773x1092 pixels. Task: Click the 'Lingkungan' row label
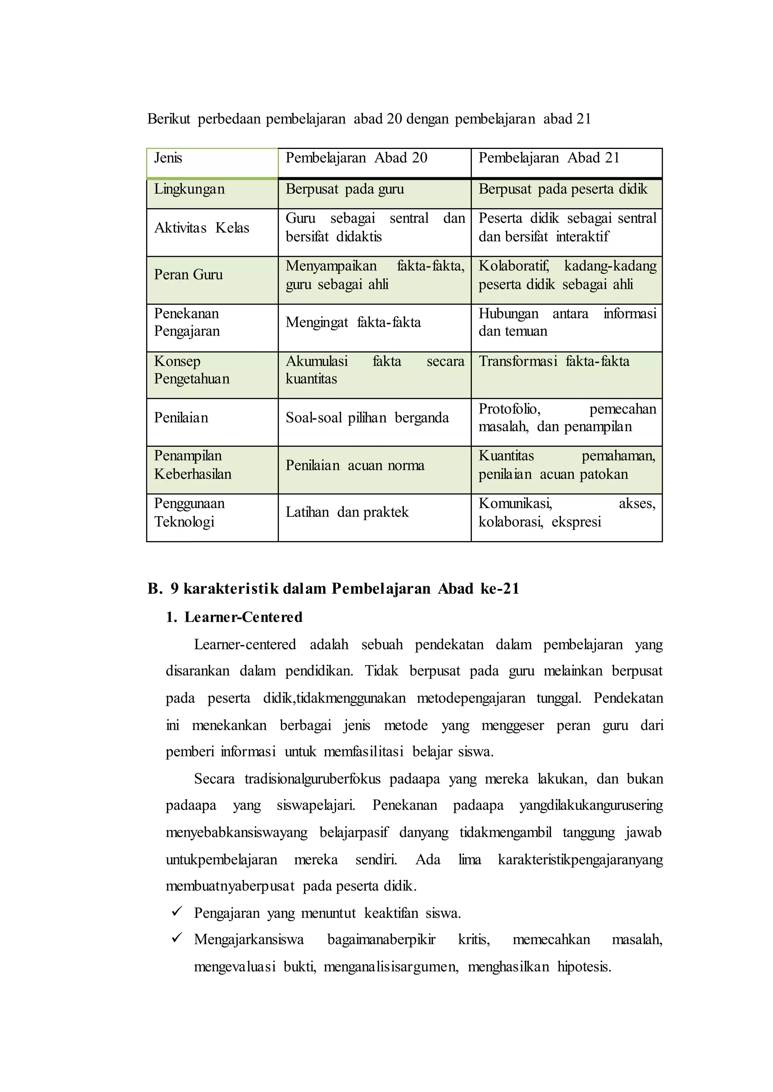(x=189, y=189)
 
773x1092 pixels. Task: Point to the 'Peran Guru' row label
(x=188, y=275)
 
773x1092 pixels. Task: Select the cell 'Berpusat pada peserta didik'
(x=563, y=189)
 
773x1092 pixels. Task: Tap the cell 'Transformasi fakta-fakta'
(x=554, y=362)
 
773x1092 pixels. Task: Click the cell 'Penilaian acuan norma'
(x=355, y=466)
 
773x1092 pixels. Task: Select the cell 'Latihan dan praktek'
(x=347, y=512)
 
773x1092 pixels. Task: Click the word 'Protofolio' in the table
(x=509, y=409)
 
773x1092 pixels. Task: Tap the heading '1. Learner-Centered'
(x=234, y=617)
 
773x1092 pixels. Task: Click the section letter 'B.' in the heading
(x=155, y=589)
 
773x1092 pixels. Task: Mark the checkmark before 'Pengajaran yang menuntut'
(x=177, y=911)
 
